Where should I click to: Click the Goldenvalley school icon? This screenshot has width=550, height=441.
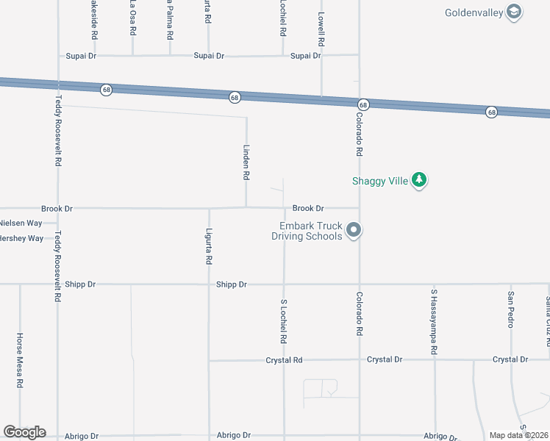(514, 12)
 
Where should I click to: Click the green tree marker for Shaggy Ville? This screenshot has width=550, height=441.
(419, 180)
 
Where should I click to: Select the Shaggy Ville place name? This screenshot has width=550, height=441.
(379, 181)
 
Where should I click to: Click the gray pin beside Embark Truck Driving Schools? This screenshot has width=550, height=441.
(354, 231)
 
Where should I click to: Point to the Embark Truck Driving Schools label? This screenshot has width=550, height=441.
(307, 232)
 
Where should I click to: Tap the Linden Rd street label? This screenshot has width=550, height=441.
(247, 162)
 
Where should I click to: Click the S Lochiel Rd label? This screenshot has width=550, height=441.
(283, 321)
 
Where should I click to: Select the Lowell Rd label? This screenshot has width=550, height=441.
(321, 26)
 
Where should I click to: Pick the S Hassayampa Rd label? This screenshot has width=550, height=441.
(434, 316)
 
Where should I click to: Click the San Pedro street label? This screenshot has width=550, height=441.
(510, 309)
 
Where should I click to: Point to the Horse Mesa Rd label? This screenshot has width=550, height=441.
(20, 360)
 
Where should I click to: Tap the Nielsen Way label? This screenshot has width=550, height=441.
(21, 223)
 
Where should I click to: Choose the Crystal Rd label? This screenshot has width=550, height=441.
(284, 360)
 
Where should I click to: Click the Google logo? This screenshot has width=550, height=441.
(24, 432)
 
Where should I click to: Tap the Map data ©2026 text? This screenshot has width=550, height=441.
(518, 435)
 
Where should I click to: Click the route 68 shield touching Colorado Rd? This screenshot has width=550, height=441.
(363, 105)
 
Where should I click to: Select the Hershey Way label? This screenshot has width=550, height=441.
(22, 238)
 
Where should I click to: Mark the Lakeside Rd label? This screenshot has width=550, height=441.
(94, 19)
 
